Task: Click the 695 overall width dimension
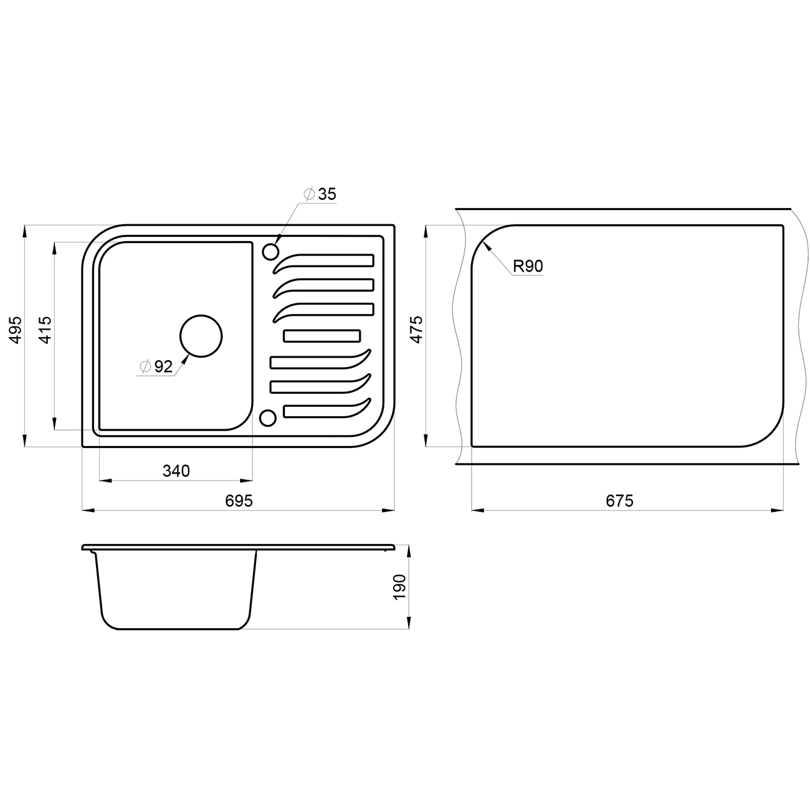[x=239, y=500]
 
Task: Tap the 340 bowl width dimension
[x=176, y=471]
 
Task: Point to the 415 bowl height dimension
[x=45, y=330]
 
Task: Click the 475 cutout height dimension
[x=416, y=330]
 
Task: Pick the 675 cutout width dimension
[x=619, y=500]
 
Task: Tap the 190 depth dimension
[x=399, y=587]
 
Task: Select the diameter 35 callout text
[x=320, y=194]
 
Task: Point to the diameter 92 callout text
[x=156, y=366]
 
